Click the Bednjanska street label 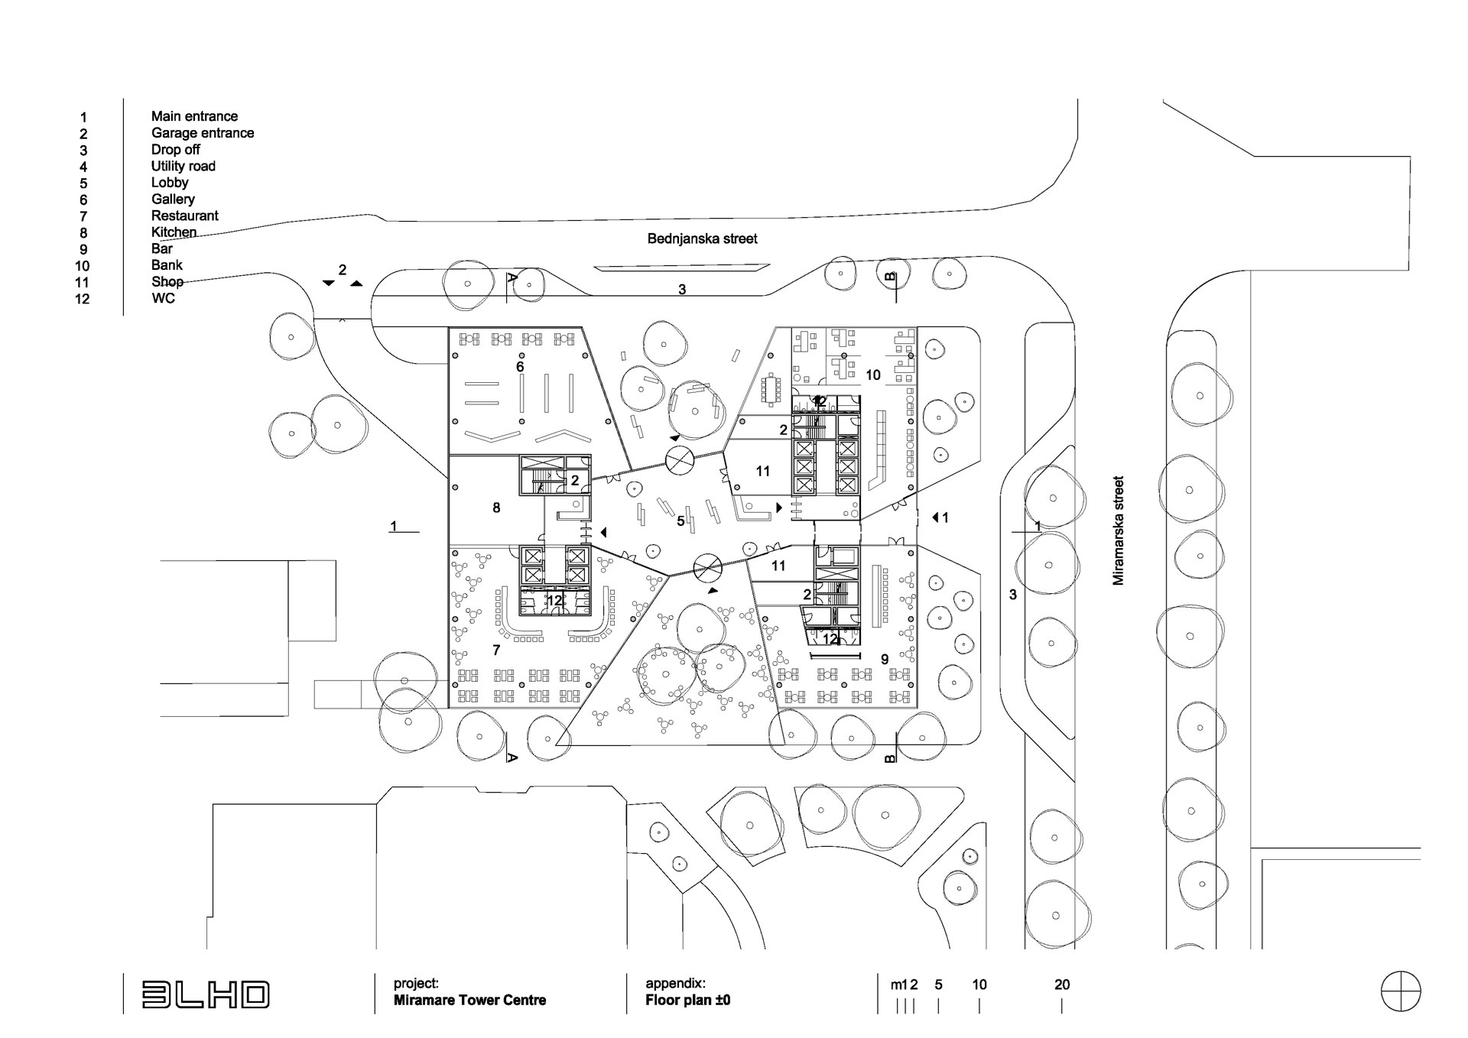tap(702, 238)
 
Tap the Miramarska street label tap(1119, 531)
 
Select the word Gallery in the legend tap(173, 199)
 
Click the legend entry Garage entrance tap(203, 133)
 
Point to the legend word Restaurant tap(185, 216)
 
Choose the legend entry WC tap(164, 298)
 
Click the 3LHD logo tap(206, 994)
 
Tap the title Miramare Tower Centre tap(469, 1000)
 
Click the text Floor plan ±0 tap(687, 1000)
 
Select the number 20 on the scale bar tap(1062, 984)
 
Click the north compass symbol tap(1401, 992)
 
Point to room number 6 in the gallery tap(520, 367)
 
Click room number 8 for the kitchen tap(496, 508)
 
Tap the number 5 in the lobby tap(680, 521)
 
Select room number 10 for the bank tap(873, 375)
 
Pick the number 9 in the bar tap(885, 659)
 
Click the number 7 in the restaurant tap(496, 650)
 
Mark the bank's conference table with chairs tap(769, 389)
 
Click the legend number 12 tap(83, 299)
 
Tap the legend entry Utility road tap(183, 166)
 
